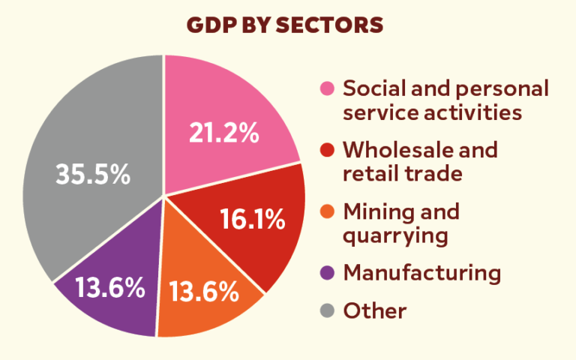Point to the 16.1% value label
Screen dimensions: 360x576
252,220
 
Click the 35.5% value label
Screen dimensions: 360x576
93,175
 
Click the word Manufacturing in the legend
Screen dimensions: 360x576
421,272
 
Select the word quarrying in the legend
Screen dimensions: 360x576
395,236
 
